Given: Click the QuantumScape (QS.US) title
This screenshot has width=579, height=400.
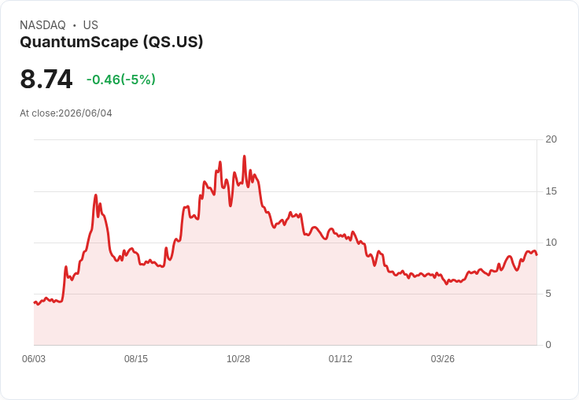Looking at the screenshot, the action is point(112,43).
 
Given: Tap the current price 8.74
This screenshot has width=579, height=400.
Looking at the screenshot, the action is point(46,79).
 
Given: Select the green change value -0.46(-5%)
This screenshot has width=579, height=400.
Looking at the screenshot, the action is point(120,80).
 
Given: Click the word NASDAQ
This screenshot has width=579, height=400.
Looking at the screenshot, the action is point(42,25).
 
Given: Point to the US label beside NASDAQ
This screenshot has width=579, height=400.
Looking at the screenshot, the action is point(90,25).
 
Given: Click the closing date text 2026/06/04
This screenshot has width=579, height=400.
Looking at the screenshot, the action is point(85,113).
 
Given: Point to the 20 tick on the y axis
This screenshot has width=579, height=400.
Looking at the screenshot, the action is point(551,139).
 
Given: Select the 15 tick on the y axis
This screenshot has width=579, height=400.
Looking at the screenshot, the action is point(551,191).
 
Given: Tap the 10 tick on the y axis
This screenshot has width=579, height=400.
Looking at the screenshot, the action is point(551,243).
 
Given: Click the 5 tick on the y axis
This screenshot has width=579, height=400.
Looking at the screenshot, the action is point(548,294).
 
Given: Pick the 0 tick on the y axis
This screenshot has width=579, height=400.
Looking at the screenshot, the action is point(548,345).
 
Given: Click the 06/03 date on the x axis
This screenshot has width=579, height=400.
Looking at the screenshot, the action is point(34,359).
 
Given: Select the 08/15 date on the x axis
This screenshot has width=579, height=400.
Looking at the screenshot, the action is point(136,359).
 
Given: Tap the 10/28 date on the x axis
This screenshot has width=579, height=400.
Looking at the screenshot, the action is point(238,359).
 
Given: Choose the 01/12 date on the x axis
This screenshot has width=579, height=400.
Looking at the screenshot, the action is point(341,359).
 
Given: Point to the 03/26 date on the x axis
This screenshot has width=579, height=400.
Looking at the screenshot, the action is point(443,359).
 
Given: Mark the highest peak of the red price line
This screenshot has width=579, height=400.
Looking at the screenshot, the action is point(244,156).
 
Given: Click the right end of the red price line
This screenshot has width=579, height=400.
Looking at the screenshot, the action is point(537,254).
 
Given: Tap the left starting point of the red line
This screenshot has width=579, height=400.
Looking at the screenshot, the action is point(35,302).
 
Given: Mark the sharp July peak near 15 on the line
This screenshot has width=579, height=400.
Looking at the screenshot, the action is point(96,194).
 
